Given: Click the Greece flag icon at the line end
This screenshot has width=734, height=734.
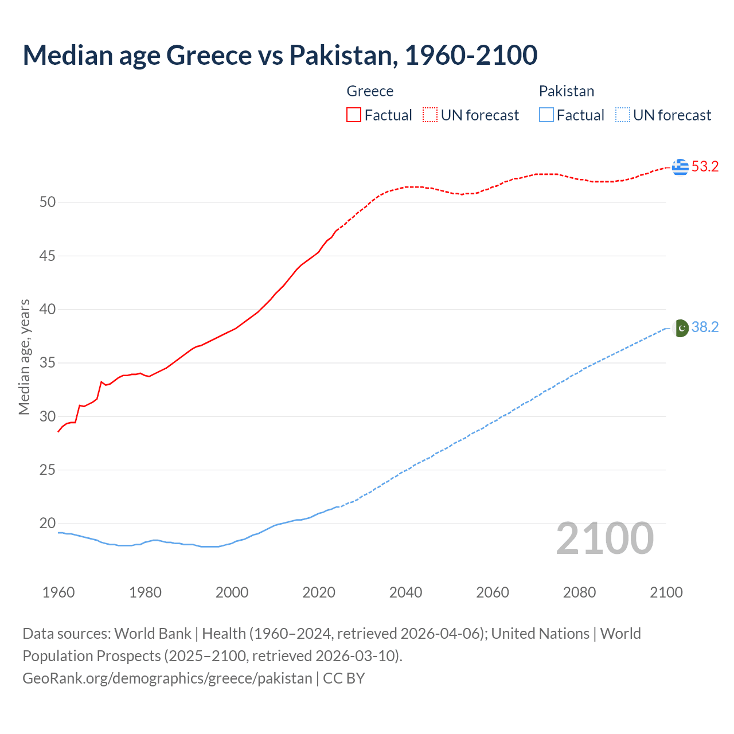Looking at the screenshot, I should click(680, 167).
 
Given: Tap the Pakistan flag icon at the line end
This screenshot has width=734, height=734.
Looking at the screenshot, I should click(680, 327).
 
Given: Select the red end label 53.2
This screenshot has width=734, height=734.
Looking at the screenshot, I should click(705, 167).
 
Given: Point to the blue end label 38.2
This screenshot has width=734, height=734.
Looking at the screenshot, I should click(705, 327).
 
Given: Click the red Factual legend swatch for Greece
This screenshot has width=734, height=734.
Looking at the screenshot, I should click(354, 115).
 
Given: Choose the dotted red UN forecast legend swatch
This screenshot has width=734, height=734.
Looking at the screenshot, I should click(430, 115).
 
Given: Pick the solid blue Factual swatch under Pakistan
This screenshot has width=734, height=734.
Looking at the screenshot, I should click(546, 115).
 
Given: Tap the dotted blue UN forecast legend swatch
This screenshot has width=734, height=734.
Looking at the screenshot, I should click(622, 115).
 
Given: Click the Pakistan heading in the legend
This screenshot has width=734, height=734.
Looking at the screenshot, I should click(566, 91).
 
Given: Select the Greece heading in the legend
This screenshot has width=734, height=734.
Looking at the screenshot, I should click(370, 91).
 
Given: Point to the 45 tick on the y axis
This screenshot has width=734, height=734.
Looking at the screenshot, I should click(48, 256).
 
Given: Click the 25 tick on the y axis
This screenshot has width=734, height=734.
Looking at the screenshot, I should click(48, 470).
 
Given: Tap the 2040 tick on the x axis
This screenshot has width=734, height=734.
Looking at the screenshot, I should click(405, 592).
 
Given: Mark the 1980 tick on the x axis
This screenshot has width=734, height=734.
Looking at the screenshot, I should click(145, 592).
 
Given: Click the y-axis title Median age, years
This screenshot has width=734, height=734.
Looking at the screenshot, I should click(24, 357).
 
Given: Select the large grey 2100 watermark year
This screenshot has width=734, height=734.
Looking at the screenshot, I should click(604, 538).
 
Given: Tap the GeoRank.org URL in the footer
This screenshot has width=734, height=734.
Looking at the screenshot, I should click(167, 678).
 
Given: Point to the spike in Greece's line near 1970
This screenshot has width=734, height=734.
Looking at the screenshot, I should click(101, 382).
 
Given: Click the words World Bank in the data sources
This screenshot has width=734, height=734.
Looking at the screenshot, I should click(153, 634).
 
